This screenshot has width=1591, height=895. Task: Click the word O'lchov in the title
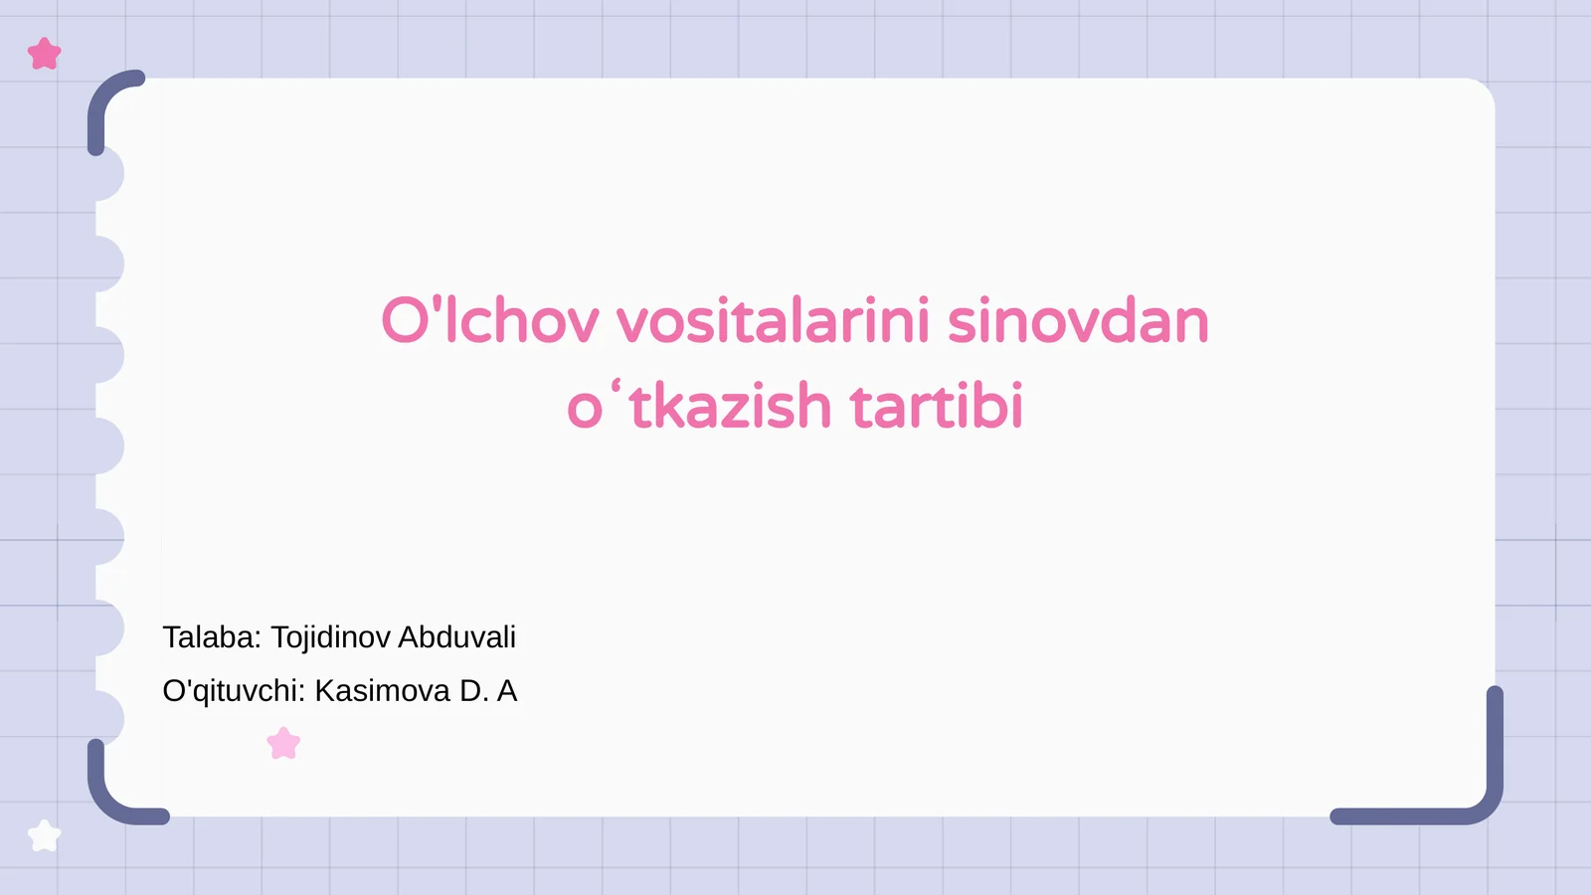pos(490,321)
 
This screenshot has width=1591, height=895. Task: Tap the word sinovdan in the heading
pos(1078,321)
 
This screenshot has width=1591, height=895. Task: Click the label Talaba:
pos(212,637)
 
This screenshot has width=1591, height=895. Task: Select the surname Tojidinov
pos(330,637)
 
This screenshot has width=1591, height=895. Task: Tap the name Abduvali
pos(456,637)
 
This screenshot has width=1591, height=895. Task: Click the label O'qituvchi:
pos(234,691)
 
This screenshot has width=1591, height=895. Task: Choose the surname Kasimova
pos(382,691)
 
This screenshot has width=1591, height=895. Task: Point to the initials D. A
pos(488,691)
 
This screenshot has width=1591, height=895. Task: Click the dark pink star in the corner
pos(45,54)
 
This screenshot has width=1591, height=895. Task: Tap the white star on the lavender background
pos(44,835)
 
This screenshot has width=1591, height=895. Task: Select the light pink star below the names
pos(283,743)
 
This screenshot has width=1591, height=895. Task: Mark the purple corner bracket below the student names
pos(114,796)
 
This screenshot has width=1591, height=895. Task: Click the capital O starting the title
pos(404,321)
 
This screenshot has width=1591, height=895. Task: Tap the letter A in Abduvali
pos(408,637)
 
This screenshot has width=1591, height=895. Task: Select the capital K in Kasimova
pos(325,691)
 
